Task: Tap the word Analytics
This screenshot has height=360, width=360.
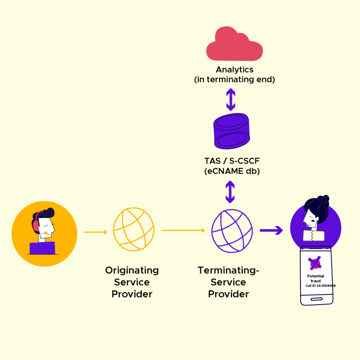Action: coord(234,70)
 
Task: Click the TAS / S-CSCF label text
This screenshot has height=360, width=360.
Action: coord(232,161)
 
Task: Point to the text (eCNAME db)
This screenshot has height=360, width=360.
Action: coord(232,172)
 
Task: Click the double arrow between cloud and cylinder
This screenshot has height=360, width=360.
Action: coord(231,99)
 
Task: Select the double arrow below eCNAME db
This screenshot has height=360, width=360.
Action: coord(230,192)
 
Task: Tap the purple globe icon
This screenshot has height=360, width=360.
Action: coord(232,230)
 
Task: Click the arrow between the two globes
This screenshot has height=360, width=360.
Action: coord(183,231)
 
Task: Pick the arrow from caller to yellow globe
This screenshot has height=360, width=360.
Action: coord(95,232)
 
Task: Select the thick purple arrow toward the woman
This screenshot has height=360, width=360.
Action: coord(271,231)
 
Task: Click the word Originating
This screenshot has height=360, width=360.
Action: coord(132,270)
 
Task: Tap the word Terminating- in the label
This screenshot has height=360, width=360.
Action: coord(228,270)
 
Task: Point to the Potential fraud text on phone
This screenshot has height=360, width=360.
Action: coord(315,278)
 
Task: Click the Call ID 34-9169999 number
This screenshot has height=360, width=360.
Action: coord(320,286)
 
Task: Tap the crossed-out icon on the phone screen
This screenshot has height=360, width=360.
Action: coord(315,263)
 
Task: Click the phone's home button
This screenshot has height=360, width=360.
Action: coord(316,299)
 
